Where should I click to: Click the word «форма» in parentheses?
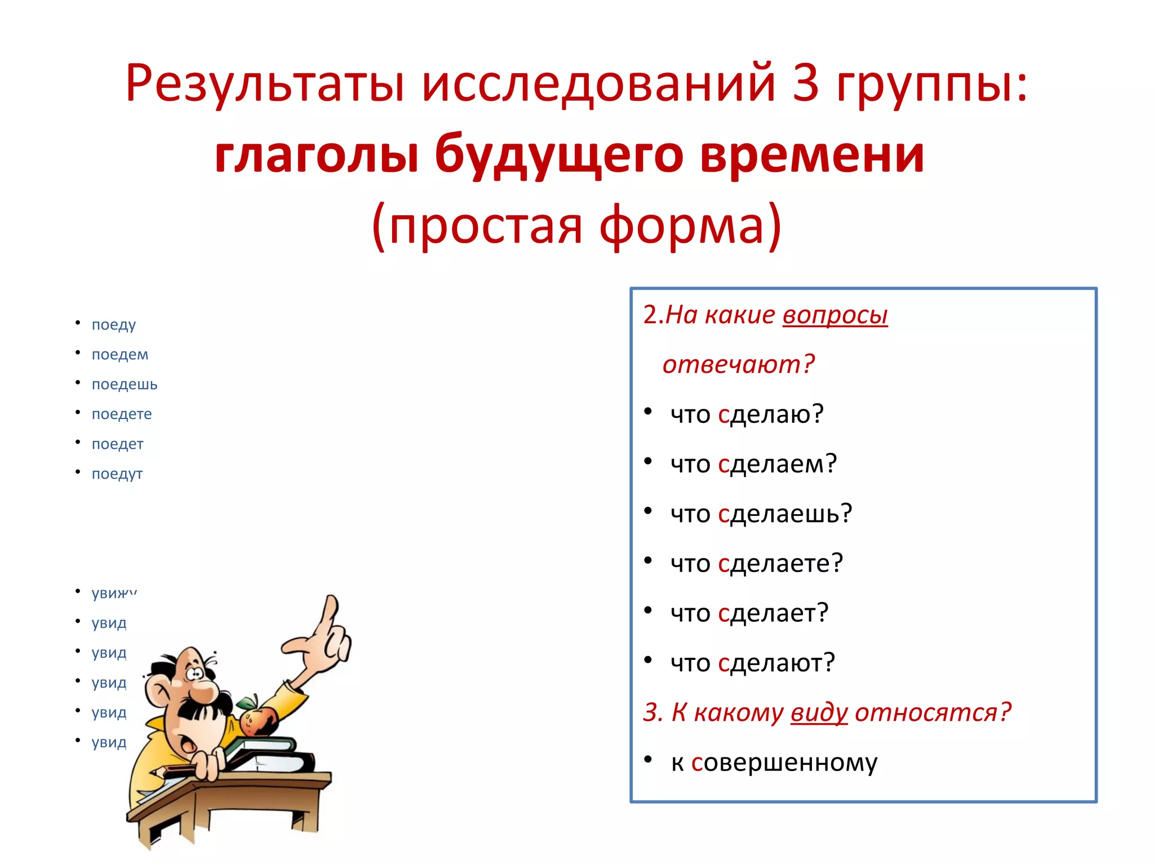(682, 225)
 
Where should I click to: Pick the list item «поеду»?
(114, 325)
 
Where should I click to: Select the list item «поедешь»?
(125, 385)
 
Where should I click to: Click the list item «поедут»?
(117, 474)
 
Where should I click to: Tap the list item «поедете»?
(122, 414)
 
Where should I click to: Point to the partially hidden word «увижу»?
(114, 593)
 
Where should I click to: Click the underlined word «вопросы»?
(835, 315)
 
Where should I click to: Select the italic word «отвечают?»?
(738, 365)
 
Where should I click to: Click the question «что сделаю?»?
(747, 414)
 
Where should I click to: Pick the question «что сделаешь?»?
(761, 514)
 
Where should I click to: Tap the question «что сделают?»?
(752, 663)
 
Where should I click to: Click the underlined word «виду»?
(819, 713)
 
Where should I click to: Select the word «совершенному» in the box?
(784, 763)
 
